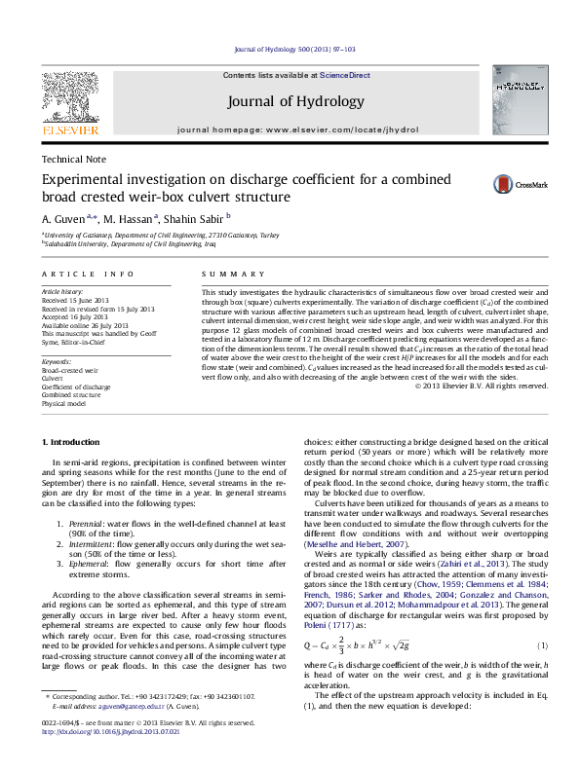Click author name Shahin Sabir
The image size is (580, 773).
[199, 218]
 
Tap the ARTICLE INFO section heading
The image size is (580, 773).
[88, 275]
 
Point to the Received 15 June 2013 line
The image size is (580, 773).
[78, 300]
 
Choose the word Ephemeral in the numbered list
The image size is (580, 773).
[89, 564]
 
